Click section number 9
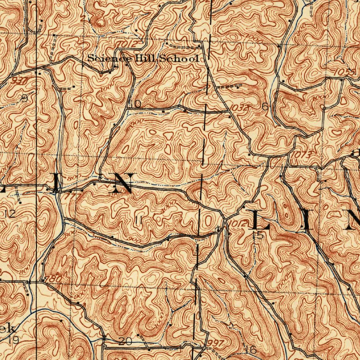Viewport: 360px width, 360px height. click(x=24, y=98)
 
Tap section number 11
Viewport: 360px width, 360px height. click(x=139, y=221)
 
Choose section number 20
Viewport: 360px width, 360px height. click(x=125, y=341)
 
